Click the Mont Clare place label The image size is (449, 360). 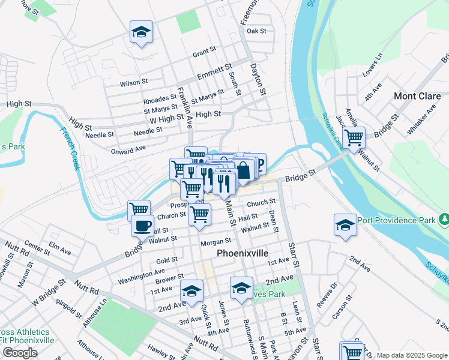(417, 96)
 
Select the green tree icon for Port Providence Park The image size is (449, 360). (443, 220)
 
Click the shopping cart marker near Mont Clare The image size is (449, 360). (354, 137)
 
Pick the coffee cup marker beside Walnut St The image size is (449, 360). (142, 226)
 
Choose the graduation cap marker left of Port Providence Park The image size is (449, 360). (345, 226)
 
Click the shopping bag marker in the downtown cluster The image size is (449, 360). (243, 169)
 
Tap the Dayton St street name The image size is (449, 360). (258, 80)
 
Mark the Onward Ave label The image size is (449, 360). (128, 149)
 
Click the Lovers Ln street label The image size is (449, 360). (372, 65)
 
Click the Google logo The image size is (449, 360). (20, 353)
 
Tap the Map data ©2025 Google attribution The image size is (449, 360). (412, 355)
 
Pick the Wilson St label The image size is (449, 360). (134, 82)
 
